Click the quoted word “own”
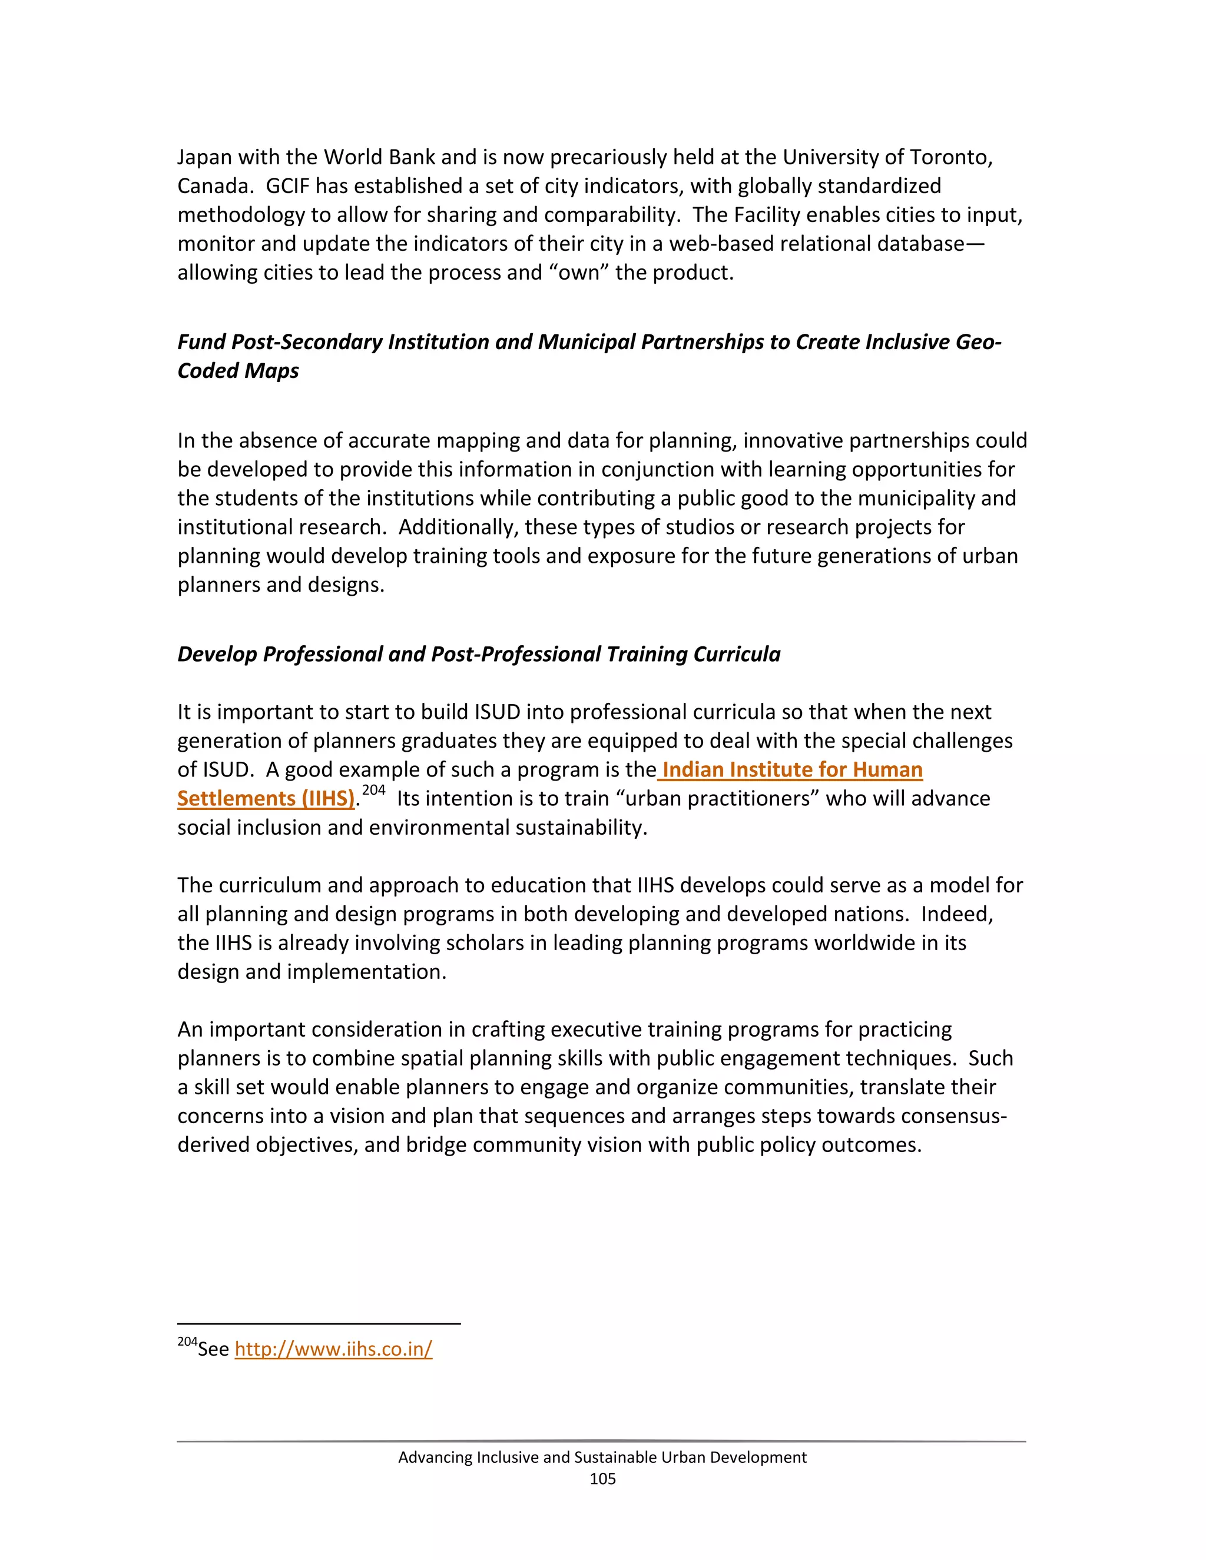pos(579,273)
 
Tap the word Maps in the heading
pos(271,371)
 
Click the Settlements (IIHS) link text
pos(266,799)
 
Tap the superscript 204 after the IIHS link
pos(374,790)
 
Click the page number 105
pos(602,1479)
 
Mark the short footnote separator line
pos(319,1323)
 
